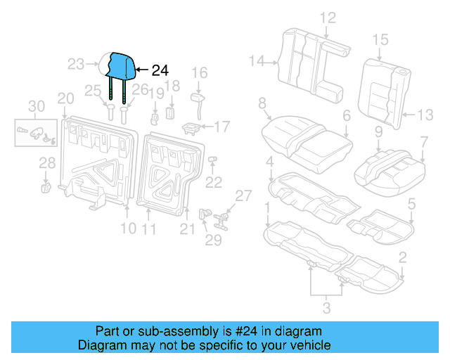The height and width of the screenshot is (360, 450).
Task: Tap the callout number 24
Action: [x=160, y=70]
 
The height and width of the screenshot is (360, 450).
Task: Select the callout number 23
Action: [x=76, y=65]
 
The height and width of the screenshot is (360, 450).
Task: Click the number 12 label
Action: [x=328, y=18]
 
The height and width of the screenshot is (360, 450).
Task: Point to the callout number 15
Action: [x=380, y=39]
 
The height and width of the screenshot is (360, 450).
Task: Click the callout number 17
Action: [x=221, y=127]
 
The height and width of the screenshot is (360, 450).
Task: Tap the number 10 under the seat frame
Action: [x=127, y=228]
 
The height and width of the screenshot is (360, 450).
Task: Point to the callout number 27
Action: [x=243, y=195]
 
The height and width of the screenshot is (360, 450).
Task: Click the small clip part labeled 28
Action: [x=46, y=186]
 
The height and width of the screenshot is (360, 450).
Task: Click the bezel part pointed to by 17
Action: [x=191, y=127]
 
